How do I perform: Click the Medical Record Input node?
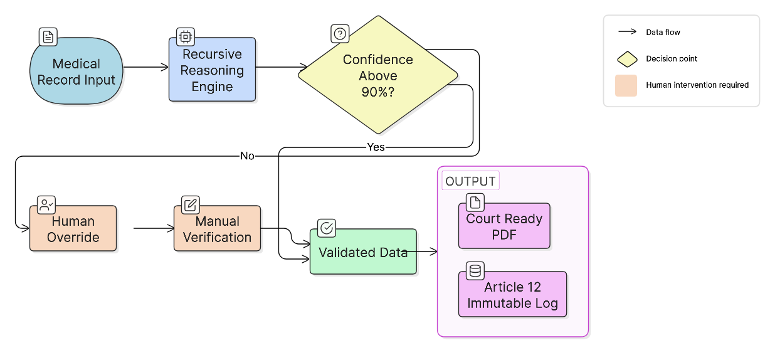coord(76,71)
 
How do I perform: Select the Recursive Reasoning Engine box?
coord(212,70)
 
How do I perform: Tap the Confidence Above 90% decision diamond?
coord(378,75)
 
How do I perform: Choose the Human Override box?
coord(73,229)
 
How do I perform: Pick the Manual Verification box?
coord(217,229)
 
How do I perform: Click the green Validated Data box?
coord(362,252)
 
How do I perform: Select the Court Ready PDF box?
coord(504,226)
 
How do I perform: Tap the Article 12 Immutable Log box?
coord(512,295)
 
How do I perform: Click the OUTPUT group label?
coord(470,181)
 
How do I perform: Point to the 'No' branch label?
coord(247,156)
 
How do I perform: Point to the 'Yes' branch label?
coord(376,147)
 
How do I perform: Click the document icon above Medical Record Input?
coord(48,37)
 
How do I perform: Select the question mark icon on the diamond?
coord(340,34)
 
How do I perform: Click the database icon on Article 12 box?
coord(475,271)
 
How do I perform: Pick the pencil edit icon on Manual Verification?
coord(191,204)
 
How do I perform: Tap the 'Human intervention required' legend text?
coord(697,85)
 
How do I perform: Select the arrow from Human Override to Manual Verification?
coord(154,228)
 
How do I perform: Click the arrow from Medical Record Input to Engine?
coord(146,66)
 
